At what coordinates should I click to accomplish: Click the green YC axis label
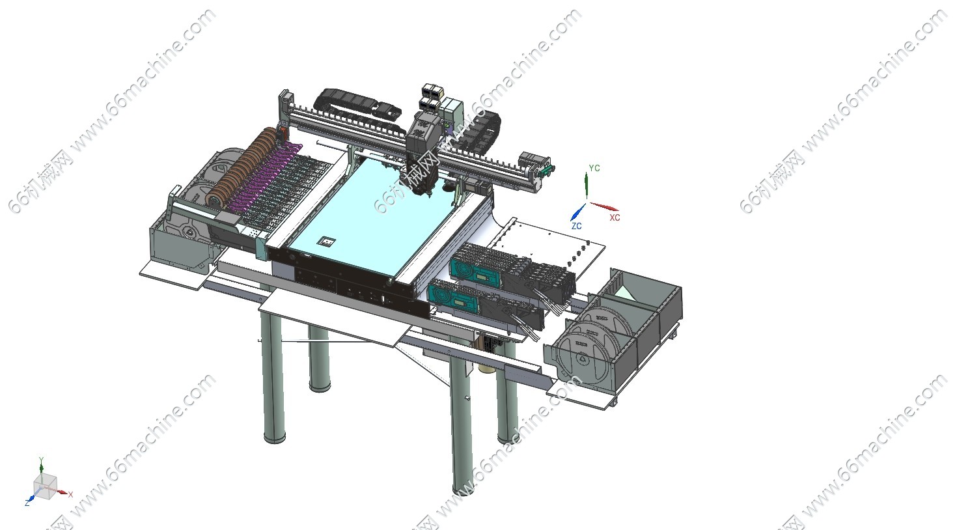coord(594,168)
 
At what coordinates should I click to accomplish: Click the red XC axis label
coord(615,217)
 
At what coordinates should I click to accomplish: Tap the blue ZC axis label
coord(576,226)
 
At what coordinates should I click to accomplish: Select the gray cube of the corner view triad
coord(45,487)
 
